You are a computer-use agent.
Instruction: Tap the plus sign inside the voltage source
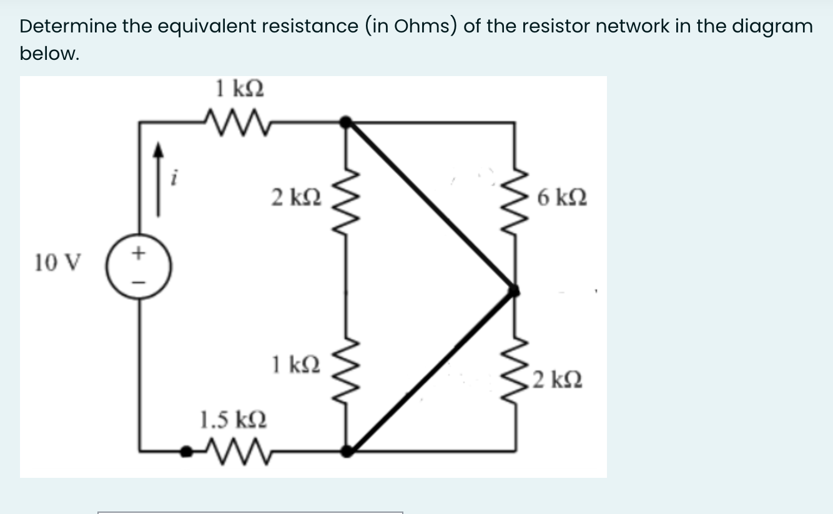click(x=139, y=253)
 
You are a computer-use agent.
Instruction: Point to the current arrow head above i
click(x=159, y=150)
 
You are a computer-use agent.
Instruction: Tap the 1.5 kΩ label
click(x=234, y=418)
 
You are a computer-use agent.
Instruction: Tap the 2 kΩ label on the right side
click(x=558, y=379)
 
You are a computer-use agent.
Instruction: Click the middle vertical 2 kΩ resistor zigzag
click(x=345, y=200)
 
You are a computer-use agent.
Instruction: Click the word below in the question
click(x=49, y=54)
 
